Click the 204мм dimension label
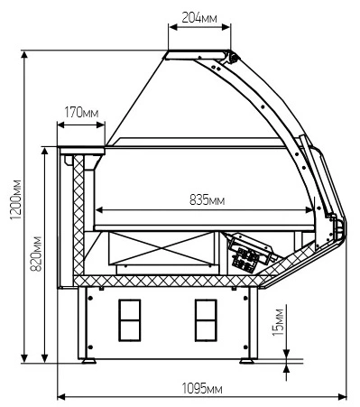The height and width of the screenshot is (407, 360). click(x=198, y=18)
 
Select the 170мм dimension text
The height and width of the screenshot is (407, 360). click(x=81, y=113)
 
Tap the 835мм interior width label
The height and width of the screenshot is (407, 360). click(x=207, y=199)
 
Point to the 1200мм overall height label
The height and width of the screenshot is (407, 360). click(x=15, y=199)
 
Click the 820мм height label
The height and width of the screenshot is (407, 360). click(x=36, y=254)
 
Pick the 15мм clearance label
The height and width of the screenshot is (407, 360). click(x=278, y=322)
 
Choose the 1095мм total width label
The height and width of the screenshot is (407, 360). click(x=202, y=389)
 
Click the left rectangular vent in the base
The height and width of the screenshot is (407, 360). click(x=130, y=320)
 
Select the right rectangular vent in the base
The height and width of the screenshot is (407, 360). click(x=206, y=320)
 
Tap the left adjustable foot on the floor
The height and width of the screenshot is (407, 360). click(x=88, y=361)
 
